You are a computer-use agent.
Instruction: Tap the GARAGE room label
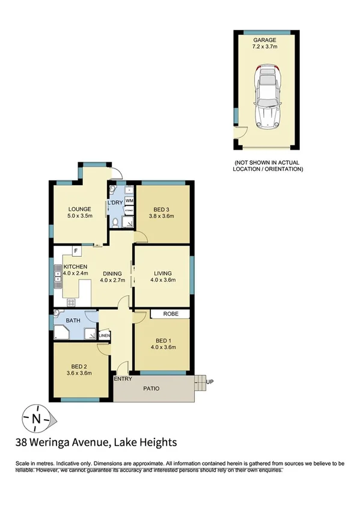pyautogui.click(x=264, y=40)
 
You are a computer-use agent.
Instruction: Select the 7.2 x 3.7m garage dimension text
pyautogui.click(x=264, y=48)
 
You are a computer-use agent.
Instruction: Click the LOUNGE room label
pyautogui.click(x=79, y=209)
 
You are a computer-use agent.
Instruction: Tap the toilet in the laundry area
pyautogui.click(x=114, y=222)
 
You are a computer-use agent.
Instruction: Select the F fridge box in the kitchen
pyautogui.click(x=76, y=251)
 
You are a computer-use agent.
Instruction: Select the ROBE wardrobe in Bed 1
pyautogui.click(x=170, y=314)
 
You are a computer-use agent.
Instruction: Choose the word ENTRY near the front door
pyautogui.click(x=123, y=378)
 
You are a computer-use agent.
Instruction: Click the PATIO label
pyautogui.click(x=151, y=389)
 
